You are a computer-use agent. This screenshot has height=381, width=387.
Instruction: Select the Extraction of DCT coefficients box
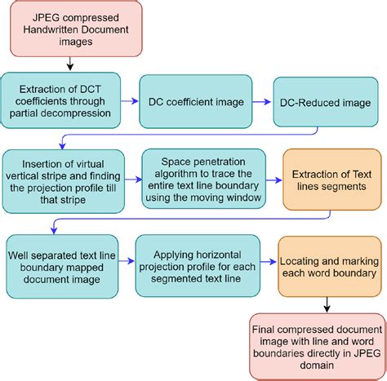61,100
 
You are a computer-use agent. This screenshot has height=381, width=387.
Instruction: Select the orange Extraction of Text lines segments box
331,178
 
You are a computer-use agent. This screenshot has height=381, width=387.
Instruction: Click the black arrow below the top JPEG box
70,62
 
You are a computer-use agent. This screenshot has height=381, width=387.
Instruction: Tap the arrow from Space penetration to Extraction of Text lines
274,178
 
